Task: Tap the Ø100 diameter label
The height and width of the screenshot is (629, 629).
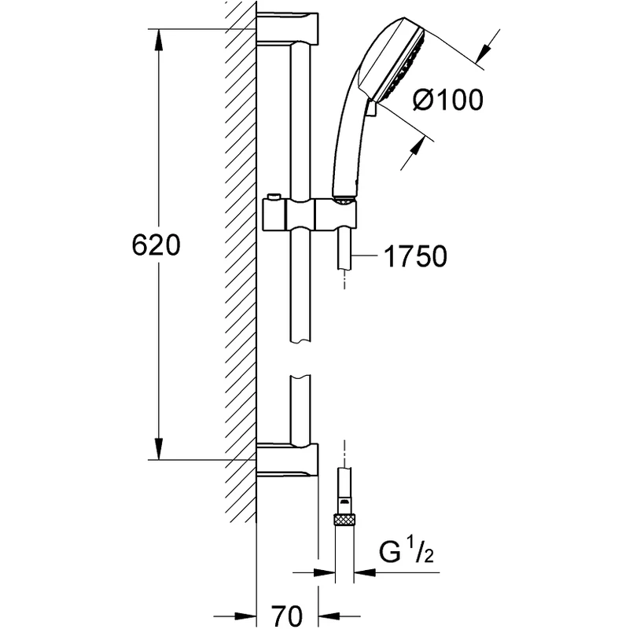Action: click(x=447, y=100)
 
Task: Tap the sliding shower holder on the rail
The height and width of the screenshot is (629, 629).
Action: click(x=311, y=213)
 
